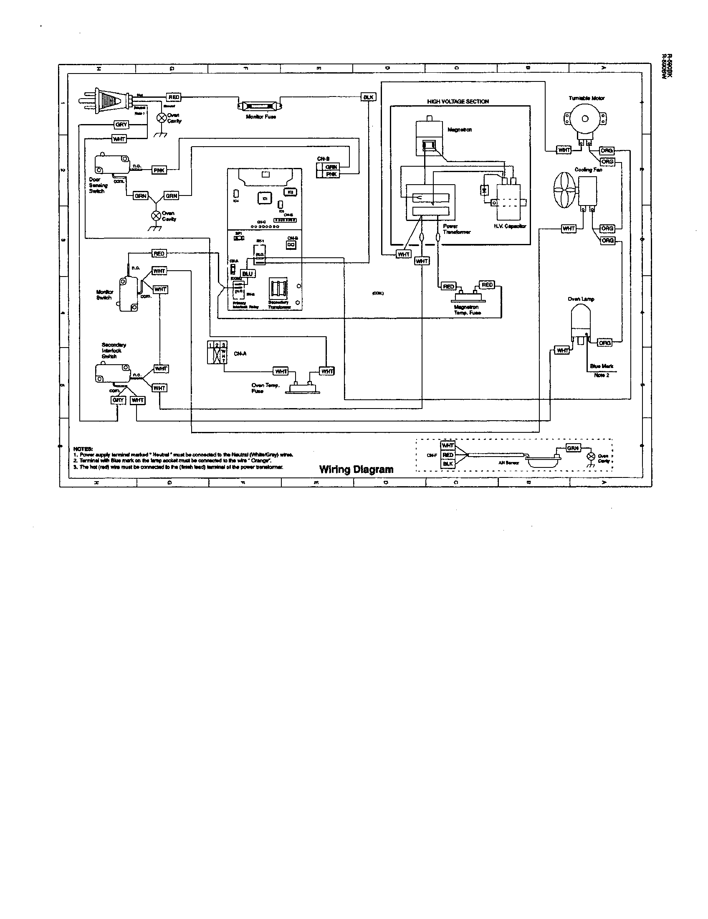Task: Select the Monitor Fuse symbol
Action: tap(259, 106)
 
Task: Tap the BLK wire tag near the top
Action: tap(368, 97)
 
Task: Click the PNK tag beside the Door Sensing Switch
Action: tap(159, 170)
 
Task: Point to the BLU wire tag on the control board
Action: tap(247, 274)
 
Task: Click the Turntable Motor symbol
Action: tap(585, 119)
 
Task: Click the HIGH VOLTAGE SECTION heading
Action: tap(458, 102)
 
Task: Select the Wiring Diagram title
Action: tap(356, 469)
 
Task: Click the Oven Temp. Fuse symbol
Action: tap(303, 388)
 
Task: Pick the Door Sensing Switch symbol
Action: tap(111, 165)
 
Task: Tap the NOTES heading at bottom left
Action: tap(83, 449)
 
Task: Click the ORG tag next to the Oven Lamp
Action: tap(604, 343)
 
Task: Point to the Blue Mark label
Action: tap(602, 366)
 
